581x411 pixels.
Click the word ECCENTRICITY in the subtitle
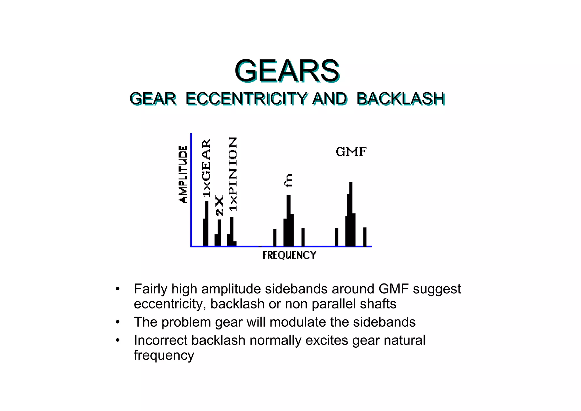point(246,99)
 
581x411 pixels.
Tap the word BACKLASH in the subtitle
point(400,99)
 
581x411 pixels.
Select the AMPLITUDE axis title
point(184,174)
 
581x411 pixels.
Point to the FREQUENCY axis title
point(289,255)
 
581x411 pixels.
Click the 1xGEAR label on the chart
point(207,168)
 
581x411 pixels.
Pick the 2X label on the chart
point(219,205)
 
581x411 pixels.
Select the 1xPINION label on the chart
point(233,174)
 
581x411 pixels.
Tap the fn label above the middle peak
point(288,180)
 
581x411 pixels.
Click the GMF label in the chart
point(351,152)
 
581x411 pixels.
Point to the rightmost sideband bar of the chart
point(365,237)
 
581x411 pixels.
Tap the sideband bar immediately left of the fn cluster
point(275,237)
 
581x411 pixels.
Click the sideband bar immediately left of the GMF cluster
point(337,237)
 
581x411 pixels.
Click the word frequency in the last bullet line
point(164,355)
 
